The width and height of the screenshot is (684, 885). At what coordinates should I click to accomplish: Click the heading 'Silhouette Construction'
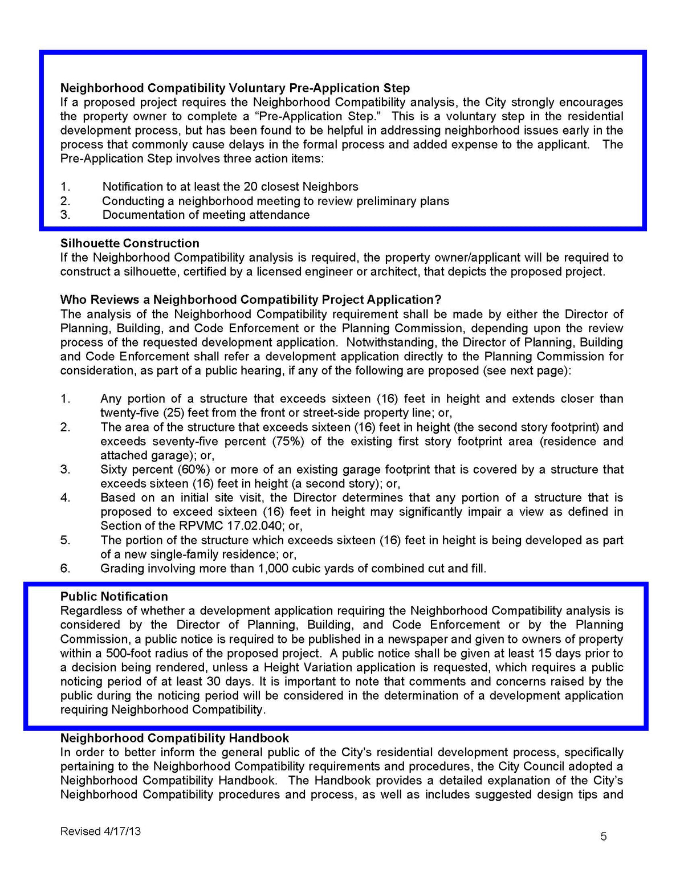[129, 243]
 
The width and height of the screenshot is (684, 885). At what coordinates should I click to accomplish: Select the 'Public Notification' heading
[114, 597]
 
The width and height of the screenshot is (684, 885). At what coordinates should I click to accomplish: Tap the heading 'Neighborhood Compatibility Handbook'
[174, 739]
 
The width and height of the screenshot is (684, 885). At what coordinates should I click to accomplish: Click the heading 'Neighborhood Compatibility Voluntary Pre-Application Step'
[235, 88]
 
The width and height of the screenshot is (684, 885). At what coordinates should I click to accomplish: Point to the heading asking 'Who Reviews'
[251, 300]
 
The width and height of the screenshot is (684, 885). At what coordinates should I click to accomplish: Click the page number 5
[604, 837]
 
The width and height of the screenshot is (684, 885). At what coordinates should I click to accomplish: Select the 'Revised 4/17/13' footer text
[100, 831]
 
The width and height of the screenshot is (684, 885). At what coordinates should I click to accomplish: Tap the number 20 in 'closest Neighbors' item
[250, 187]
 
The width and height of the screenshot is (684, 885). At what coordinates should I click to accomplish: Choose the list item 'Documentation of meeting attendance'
[206, 215]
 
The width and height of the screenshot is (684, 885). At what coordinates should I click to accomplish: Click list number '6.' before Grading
[66, 569]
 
